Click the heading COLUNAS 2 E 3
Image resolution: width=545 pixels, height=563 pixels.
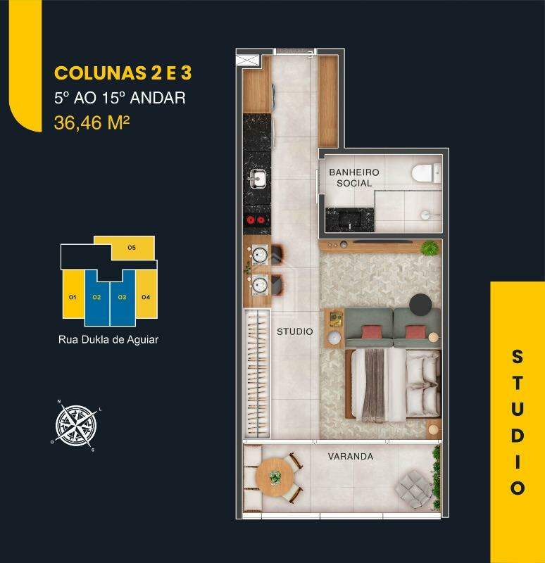[x=123, y=73]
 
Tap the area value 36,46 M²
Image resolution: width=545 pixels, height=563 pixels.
[x=91, y=122]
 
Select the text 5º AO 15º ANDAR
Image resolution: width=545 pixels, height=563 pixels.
[x=120, y=98]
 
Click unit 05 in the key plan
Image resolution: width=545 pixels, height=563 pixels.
[x=132, y=248]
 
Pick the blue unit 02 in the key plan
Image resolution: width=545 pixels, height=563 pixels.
[x=96, y=298]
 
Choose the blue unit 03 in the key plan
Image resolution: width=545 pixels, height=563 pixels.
[x=122, y=298]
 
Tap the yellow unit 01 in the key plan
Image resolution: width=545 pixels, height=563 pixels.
[x=73, y=298]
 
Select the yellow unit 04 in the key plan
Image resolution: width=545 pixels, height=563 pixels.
[x=145, y=298]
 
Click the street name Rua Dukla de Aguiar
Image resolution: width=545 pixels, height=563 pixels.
[x=108, y=339]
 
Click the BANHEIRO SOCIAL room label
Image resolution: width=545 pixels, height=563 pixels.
[x=353, y=177]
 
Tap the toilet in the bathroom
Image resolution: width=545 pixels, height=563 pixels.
[x=425, y=173]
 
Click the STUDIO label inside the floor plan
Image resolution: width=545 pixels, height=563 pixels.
[x=294, y=331]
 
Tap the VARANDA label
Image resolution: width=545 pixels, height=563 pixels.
[x=350, y=456]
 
